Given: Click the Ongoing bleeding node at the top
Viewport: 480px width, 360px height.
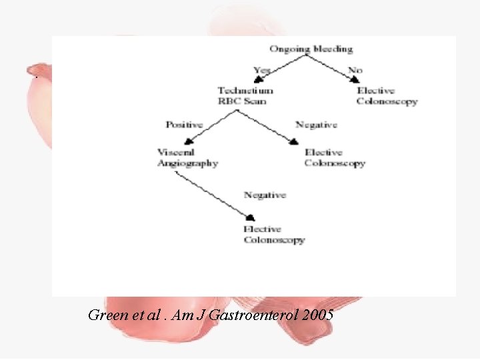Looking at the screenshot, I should click(x=311, y=49).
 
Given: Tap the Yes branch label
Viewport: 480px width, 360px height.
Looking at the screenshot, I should click(x=263, y=69).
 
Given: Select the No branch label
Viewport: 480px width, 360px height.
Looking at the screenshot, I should click(x=355, y=69).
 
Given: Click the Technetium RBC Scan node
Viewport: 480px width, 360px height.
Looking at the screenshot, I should click(x=245, y=96).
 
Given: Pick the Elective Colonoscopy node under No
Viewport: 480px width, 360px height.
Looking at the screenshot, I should click(x=387, y=96).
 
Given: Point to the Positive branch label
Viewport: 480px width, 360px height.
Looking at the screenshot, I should click(x=185, y=125).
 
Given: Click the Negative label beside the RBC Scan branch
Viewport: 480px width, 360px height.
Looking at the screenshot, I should click(x=316, y=125).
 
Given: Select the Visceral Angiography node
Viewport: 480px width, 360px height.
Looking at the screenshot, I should click(x=187, y=157).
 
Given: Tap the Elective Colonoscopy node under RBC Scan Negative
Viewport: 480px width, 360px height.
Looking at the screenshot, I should click(x=335, y=157).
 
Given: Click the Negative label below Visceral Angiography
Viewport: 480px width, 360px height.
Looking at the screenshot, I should click(x=265, y=195).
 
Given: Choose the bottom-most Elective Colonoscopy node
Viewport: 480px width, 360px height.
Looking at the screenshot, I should click(x=273, y=235).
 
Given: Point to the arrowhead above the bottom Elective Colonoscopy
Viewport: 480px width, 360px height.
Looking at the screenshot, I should click(x=250, y=218).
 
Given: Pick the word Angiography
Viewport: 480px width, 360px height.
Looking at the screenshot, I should click(x=187, y=163).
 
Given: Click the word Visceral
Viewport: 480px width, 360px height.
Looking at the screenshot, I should click(x=175, y=152).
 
